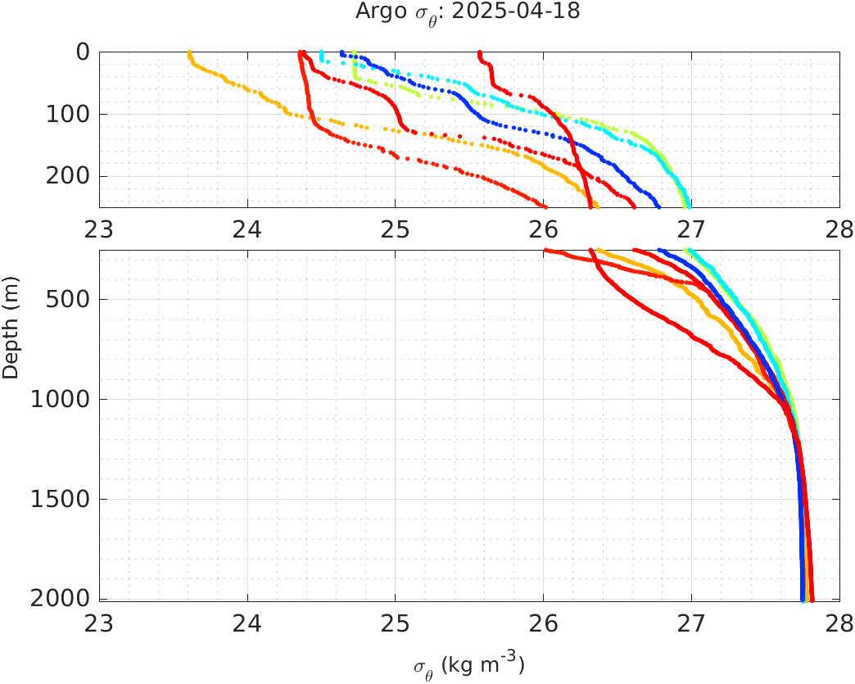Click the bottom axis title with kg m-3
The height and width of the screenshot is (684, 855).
(468, 665)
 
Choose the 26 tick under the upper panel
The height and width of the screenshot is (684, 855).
(544, 228)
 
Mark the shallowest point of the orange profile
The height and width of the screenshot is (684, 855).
(189, 52)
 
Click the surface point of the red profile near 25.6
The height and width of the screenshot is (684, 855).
(480, 52)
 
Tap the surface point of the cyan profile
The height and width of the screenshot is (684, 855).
(321, 52)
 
